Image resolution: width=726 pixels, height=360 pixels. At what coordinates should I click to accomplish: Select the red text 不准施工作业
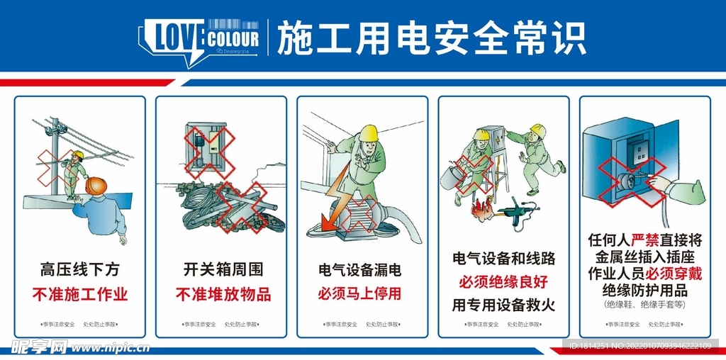[80, 293]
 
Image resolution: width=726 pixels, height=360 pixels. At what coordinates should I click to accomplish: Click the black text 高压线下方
[80, 269]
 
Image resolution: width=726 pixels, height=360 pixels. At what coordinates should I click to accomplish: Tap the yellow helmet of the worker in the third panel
[369, 133]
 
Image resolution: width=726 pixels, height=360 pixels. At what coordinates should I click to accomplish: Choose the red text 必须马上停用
[359, 293]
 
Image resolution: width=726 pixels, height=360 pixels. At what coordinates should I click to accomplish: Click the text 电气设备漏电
[359, 270]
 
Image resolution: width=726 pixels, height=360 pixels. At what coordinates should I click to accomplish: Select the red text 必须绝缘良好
[503, 282]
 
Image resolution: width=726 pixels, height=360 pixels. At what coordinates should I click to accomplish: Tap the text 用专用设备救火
[503, 305]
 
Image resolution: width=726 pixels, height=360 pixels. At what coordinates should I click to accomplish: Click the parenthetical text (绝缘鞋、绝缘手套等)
[645, 305]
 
